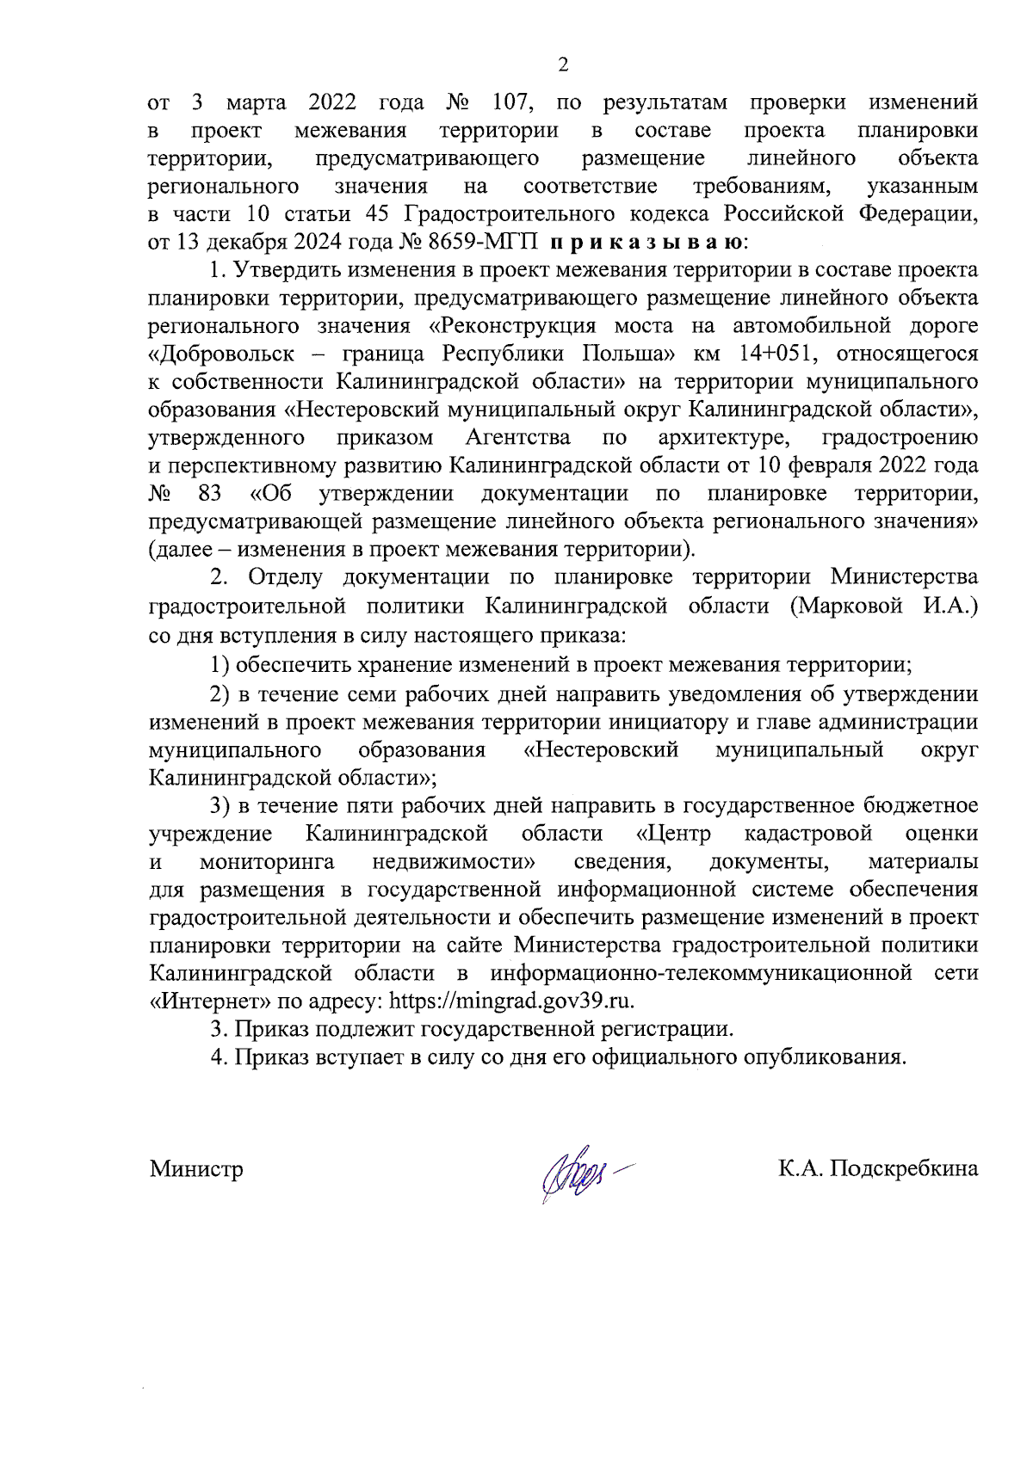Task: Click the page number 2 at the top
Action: pos(564,65)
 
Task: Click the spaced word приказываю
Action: pos(648,242)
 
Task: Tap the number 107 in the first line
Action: pos(513,103)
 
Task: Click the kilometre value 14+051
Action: pos(778,354)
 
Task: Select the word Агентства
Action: pos(518,438)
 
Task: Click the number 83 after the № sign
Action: pos(209,494)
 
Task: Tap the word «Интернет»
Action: pos(202,1001)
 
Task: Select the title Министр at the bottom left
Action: pos(196,1169)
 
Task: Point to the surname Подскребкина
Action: pos(903,1169)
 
